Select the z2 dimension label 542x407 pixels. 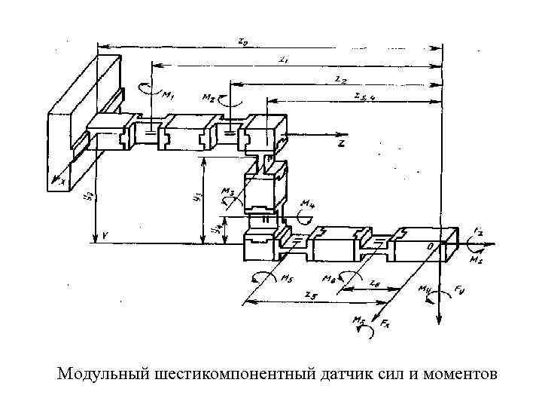point(340,78)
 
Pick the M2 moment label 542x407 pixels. point(209,98)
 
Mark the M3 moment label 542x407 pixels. point(227,193)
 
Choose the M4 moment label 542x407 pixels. point(307,203)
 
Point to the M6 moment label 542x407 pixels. point(328,278)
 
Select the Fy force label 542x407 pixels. point(460,292)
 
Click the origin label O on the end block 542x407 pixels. point(430,246)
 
